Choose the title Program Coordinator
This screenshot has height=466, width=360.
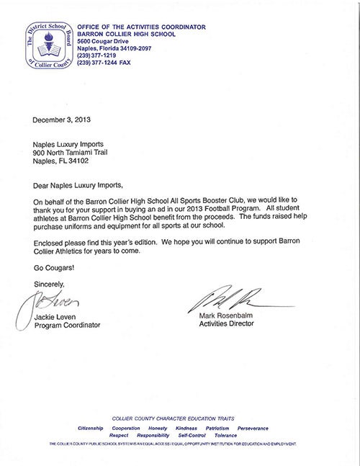coord(70,326)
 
